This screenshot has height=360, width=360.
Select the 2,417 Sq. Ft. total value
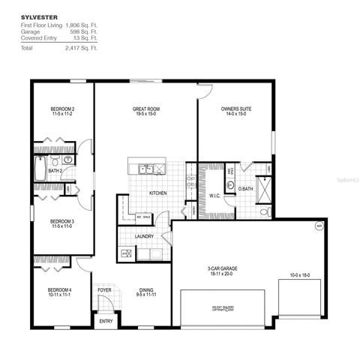pyautogui.click(x=85, y=47)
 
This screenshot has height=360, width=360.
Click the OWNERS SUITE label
pyautogui.click(x=235, y=109)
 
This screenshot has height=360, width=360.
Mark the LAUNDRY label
pyautogui.click(x=144, y=236)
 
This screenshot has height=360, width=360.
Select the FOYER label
pyautogui.click(x=104, y=289)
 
